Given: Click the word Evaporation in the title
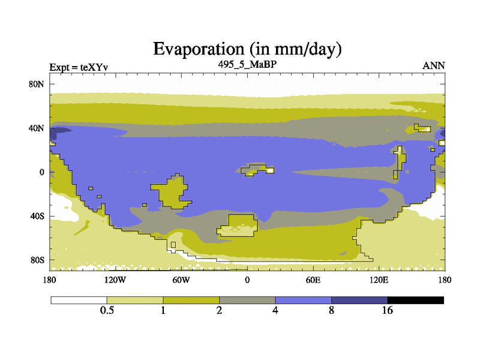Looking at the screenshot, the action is coord(199,49).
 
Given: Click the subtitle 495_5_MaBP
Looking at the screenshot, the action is coord(247,65).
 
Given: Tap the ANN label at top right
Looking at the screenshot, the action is coord(434,66).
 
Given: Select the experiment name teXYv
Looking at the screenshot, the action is coord(94,67).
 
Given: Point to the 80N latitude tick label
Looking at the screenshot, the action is coord(36,84).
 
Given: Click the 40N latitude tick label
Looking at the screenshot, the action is coord(36,128).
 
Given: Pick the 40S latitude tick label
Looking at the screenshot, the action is coord(37,216).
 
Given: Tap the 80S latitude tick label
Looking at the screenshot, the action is coord(37,260).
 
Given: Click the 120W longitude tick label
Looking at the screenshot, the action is coord(115,280).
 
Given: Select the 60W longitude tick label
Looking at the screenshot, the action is coord(181,280).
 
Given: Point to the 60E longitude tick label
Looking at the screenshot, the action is coord(313,280).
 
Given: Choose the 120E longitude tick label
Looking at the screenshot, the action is coord(379,280).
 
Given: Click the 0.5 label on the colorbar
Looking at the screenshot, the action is coord(107,310).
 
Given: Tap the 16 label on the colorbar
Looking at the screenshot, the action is coord(387,310).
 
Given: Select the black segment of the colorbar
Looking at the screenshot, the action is coord(415,301).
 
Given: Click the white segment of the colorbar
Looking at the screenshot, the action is coord(79,301).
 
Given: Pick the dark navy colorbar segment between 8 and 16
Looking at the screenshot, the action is coord(359,301).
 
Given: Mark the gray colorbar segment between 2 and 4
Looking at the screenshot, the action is coord(247,301).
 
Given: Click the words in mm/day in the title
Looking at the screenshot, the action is coord(295,50).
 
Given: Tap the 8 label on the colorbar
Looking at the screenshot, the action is coord(332,310).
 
